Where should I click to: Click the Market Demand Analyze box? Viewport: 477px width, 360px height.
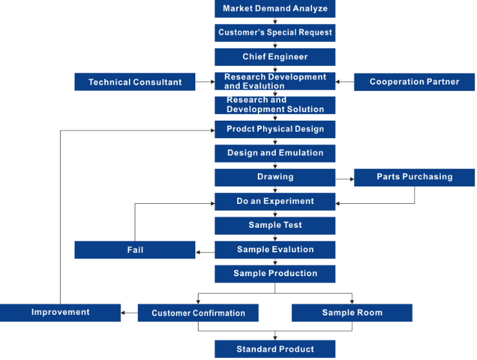click(x=275, y=8)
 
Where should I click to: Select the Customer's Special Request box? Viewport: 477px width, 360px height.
click(x=275, y=33)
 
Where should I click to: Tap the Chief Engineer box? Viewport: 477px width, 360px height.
click(x=275, y=57)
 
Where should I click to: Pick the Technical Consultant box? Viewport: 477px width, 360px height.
click(x=135, y=82)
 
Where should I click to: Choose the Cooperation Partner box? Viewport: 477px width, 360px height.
click(x=414, y=82)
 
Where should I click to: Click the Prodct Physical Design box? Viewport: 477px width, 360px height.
click(x=275, y=130)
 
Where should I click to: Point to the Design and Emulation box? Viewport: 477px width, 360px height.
click(x=275, y=154)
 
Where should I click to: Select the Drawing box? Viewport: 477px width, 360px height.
click(x=275, y=177)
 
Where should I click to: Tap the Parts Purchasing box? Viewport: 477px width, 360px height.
click(x=414, y=177)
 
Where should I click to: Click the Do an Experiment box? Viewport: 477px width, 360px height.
click(x=275, y=202)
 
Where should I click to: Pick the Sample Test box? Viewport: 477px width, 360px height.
click(x=275, y=226)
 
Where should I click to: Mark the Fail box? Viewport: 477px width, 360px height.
click(x=135, y=250)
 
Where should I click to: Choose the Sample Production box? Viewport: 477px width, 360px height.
click(x=275, y=274)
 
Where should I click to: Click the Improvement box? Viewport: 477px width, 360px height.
click(x=60, y=313)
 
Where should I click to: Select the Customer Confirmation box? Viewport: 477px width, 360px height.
click(x=198, y=313)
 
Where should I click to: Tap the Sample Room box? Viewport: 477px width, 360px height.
click(x=352, y=313)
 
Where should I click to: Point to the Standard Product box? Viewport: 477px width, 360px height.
click(x=275, y=349)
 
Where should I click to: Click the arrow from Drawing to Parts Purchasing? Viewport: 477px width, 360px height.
click(x=345, y=179)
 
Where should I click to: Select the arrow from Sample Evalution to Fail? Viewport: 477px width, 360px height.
click(x=206, y=252)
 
